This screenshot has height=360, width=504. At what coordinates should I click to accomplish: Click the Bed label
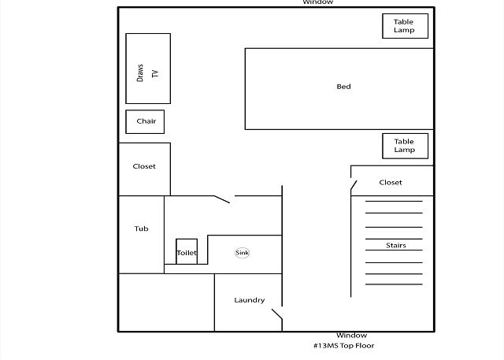click(343, 87)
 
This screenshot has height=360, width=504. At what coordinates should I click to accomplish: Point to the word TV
click(155, 73)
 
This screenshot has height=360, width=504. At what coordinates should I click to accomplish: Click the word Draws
click(140, 73)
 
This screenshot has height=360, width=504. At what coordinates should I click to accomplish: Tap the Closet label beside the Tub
click(144, 166)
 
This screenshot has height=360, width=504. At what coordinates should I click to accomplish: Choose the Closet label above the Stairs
click(391, 182)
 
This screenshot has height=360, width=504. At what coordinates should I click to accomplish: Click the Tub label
click(142, 228)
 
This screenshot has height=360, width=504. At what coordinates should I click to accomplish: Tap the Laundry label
click(250, 300)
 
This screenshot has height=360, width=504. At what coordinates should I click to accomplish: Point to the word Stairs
click(396, 245)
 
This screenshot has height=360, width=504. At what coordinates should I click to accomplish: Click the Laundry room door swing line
click(277, 314)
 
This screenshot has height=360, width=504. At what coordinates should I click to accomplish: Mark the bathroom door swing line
click(222, 199)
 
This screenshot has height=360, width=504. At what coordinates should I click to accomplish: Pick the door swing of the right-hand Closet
click(354, 185)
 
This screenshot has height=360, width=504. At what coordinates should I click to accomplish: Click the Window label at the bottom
click(352, 336)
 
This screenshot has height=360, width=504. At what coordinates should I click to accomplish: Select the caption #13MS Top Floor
click(344, 346)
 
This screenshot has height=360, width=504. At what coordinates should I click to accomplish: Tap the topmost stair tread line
click(394, 201)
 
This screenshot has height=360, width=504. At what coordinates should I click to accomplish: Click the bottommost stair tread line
click(394, 284)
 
